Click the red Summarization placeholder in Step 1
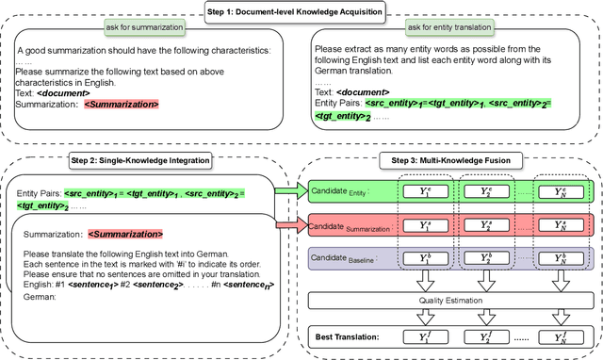coord(122,103)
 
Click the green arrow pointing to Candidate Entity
coord(287,192)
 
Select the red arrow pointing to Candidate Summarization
coord(287,226)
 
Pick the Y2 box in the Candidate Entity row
coord(485,191)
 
